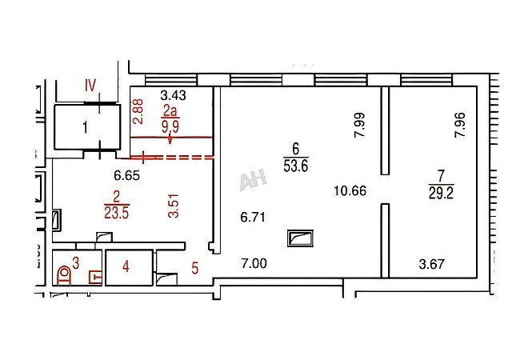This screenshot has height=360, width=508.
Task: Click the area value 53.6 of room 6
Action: point(295,166)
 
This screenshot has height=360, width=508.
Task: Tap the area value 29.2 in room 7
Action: point(441,194)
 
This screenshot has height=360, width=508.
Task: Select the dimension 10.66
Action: point(350,191)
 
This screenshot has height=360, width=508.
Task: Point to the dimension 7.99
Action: point(360,125)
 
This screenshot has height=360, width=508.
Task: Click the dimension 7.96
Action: point(460,125)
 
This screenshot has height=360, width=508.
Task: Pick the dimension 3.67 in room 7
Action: point(431,264)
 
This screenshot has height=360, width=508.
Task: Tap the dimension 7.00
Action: point(254,263)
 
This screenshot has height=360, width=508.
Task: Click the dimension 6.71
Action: point(253,217)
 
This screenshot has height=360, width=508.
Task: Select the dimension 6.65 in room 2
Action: point(127,176)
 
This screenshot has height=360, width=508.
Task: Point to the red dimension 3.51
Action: point(174,206)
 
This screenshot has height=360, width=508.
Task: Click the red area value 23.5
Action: point(117,214)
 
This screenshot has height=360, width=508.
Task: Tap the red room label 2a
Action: point(170,111)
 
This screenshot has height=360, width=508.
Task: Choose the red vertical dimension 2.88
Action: point(138,111)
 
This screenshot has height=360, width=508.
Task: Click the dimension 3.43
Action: point(174,95)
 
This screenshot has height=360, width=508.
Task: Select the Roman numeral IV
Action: point(90,86)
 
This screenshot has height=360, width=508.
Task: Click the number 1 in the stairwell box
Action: point(86,127)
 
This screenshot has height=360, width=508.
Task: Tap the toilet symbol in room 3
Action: point(65,275)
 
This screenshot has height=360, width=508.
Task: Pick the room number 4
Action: point(126,266)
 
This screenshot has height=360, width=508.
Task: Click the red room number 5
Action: point(194,268)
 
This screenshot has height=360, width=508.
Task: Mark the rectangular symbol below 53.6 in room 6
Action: point(300,238)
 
